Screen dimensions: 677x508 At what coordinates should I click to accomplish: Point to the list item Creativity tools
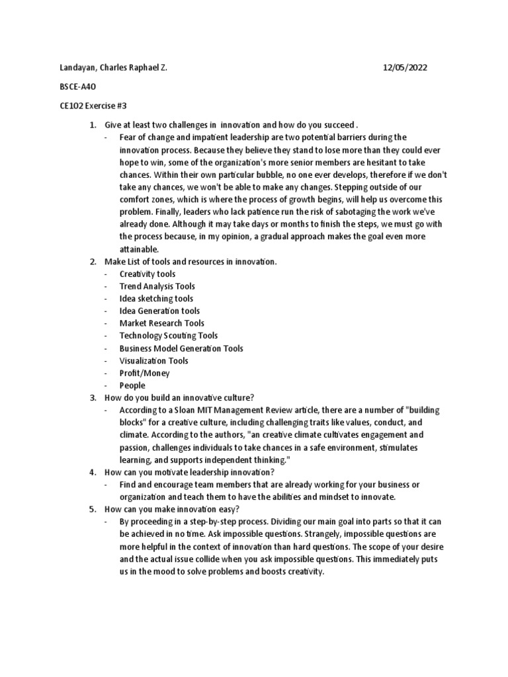coord(147,274)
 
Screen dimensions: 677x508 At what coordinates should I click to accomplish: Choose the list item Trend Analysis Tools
coord(157,286)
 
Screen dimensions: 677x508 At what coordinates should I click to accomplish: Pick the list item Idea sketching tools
coord(156,298)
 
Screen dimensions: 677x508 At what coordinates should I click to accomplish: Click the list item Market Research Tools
coord(161,323)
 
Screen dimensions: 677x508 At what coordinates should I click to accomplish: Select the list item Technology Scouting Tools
coord(168,336)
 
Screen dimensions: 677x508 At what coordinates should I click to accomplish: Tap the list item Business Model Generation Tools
coord(181,348)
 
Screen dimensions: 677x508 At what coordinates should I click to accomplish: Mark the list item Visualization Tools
coord(153,361)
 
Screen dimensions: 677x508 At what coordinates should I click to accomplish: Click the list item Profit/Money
coord(144,373)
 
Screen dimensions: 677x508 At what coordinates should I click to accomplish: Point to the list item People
coord(132,385)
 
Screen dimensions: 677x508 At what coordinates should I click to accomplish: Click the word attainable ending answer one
coord(140,249)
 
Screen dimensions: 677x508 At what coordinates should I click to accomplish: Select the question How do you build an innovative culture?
coord(179,398)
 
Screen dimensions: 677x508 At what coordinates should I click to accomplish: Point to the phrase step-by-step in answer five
coord(208,522)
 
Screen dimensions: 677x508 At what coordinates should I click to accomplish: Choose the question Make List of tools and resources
coord(190,262)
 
